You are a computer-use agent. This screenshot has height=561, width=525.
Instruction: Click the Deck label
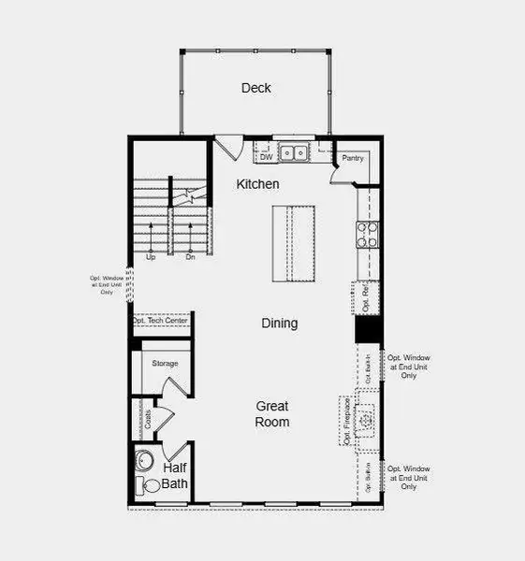click(x=255, y=88)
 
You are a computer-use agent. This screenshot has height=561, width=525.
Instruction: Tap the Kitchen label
click(x=257, y=185)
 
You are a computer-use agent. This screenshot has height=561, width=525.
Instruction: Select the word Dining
click(x=279, y=324)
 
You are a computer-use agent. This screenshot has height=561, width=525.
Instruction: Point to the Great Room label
click(x=273, y=413)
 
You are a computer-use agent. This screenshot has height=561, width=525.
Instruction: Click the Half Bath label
click(x=175, y=475)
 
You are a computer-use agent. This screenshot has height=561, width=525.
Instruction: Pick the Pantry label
click(x=352, y=158)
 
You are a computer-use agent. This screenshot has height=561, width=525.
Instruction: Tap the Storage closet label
click(x=165, y=363)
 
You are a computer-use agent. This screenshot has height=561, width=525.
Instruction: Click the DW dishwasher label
click(x=266, y=157)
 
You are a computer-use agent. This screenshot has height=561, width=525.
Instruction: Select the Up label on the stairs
click(x=151, y=256)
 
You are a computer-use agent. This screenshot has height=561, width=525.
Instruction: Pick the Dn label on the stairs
click(x=190, y=256)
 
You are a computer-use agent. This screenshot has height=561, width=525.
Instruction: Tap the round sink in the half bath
click(x=145, y=461)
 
